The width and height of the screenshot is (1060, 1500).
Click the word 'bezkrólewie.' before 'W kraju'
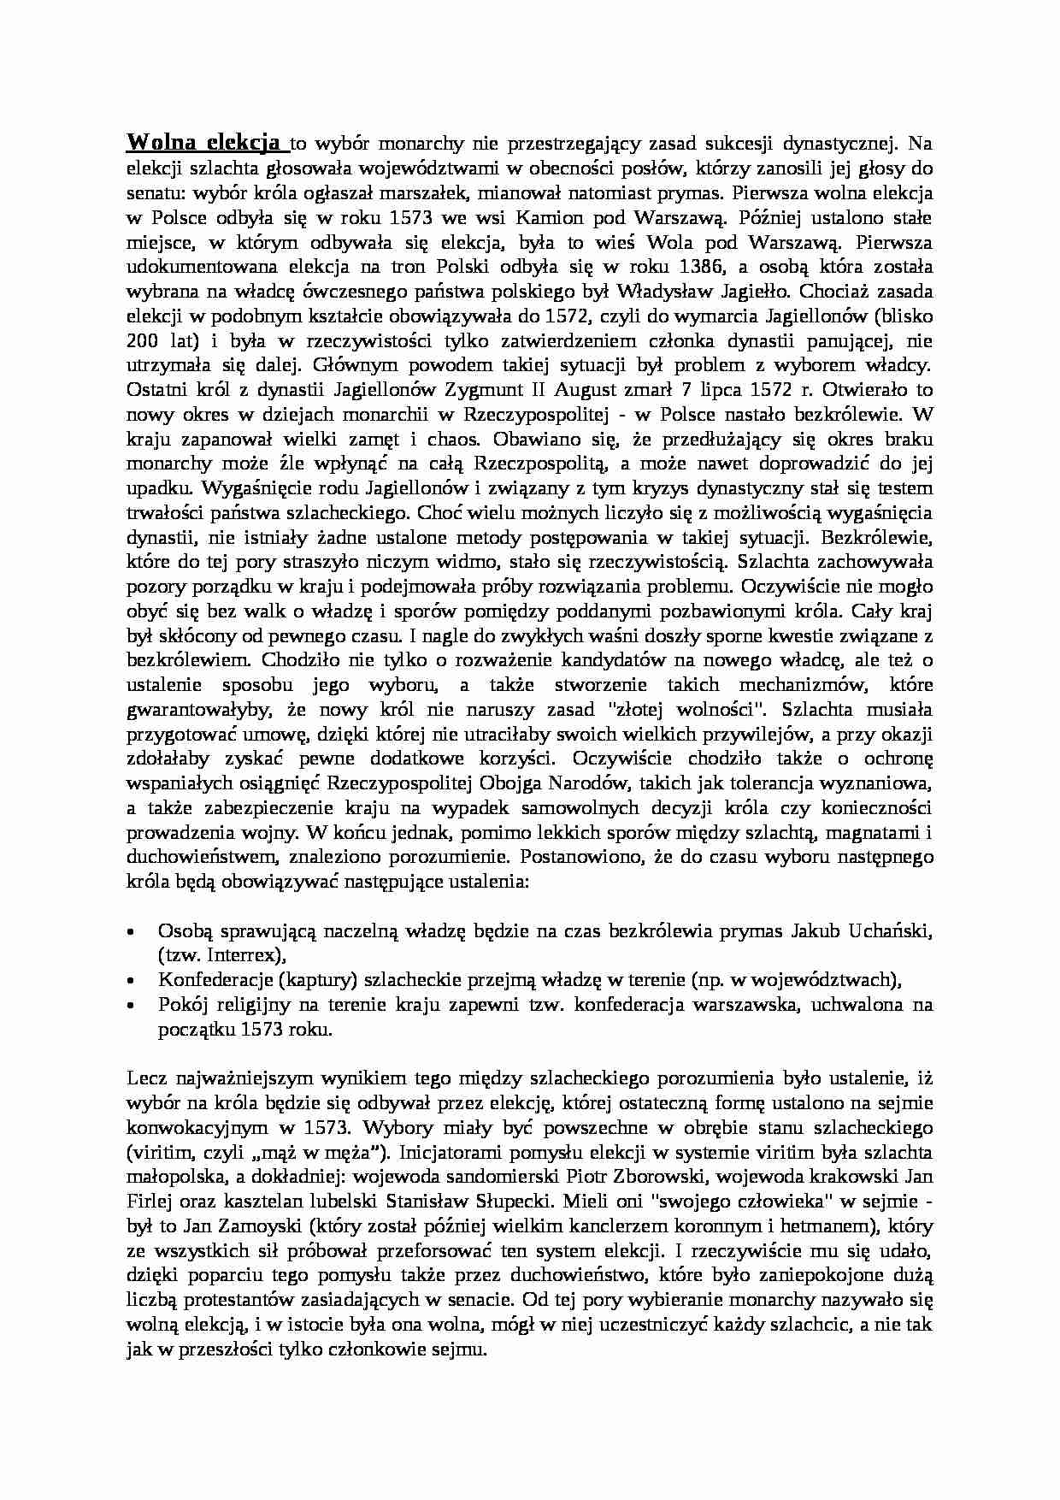(858, 415)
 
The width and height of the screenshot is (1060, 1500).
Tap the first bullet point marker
(131, 931)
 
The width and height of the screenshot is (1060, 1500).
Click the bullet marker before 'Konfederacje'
(131, 981)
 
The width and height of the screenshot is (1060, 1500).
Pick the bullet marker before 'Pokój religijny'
(131, 1006)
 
